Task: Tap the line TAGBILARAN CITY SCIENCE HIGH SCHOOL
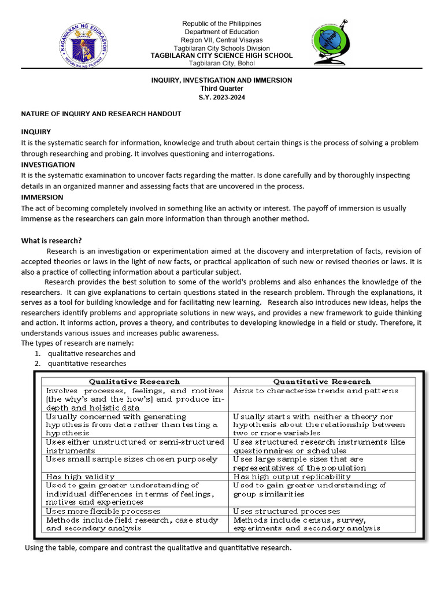(222, 55)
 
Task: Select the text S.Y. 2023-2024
(222, 97)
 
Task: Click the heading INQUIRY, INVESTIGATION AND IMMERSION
(222, 80)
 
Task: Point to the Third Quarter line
(222, 88)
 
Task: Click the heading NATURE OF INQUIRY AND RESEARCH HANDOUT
(101, 114)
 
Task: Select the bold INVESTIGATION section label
(48, 165)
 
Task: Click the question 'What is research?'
(51, 240)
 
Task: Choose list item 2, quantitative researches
(87, 363)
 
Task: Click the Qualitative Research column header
(134, 382)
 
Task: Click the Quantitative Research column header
(321, 382)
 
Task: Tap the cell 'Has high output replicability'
(291, 477)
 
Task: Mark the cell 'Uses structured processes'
(286, 511)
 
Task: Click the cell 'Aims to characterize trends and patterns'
(315, 391)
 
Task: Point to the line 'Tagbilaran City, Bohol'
(222, 63)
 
